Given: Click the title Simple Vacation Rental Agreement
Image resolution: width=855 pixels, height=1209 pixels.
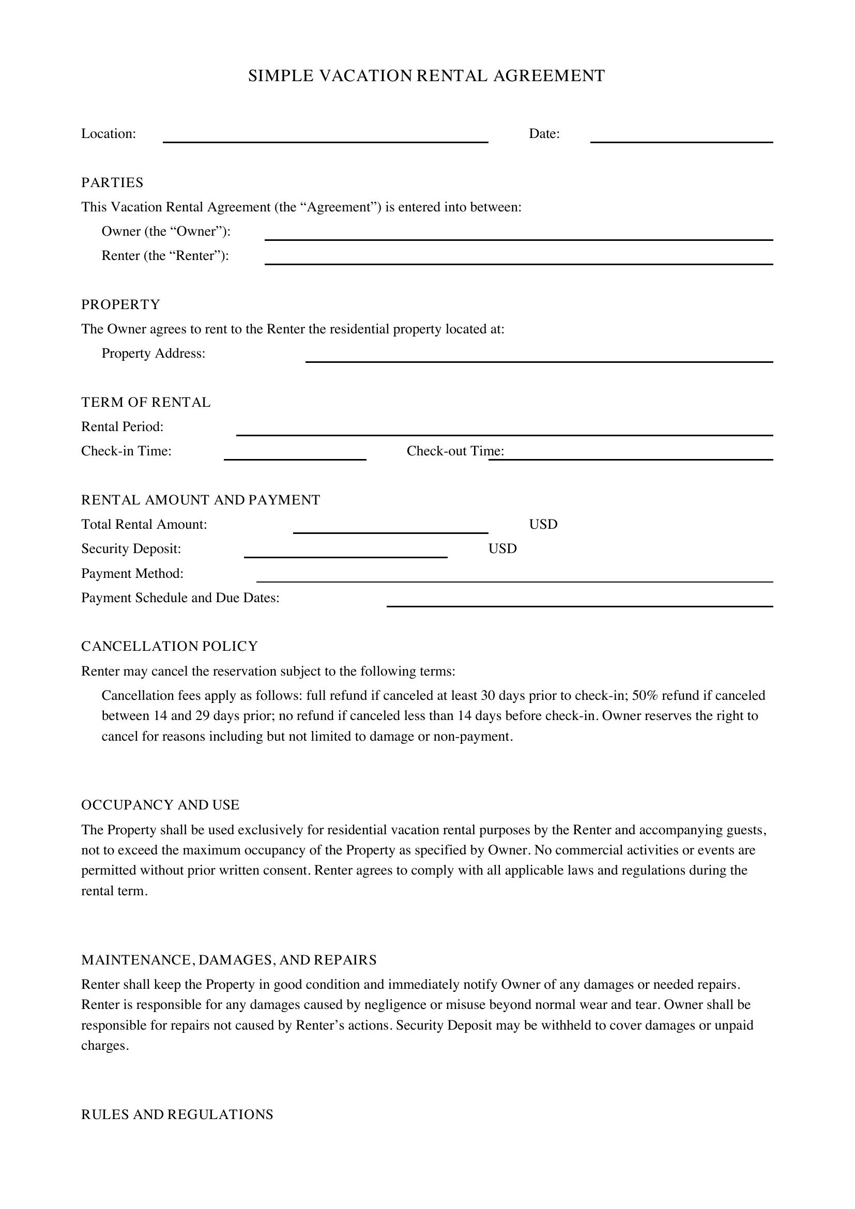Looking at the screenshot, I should pyautogui.click(x=426, y=76).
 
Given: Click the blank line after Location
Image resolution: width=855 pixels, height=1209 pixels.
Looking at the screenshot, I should pyautogui.click(x=325, y=138).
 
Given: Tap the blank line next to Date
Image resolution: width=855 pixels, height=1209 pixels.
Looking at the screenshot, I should pyautogui.click(x=681, y=138).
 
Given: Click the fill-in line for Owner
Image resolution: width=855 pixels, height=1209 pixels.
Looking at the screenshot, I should pyautogui.click(x=518, y=236).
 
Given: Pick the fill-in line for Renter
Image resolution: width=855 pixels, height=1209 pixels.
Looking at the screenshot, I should pyautogui.click(x=518, y=260).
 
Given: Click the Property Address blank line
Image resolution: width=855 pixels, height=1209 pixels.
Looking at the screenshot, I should pyautogui.click(x=539, y=358).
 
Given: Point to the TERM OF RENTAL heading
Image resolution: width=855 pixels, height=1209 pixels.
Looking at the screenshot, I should pyautogui.click(x=146, y=402).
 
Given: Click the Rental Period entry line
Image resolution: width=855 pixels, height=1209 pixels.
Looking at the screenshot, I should pyautogui.click(x=505, y=431).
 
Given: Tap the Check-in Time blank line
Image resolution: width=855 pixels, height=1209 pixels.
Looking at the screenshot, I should pyautogui.click(x=295, y=455).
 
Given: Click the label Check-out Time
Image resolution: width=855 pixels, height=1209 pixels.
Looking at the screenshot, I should pyautogui.click(x=455, y=451).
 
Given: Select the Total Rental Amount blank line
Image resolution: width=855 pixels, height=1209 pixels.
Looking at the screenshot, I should pyautogui.click(x=390, y=529).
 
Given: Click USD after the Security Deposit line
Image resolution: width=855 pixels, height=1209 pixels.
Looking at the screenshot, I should pyautogui.click(x=502, y=549).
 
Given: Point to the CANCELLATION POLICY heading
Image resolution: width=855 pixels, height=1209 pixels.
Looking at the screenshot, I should pyautogui.click(x=170, y=646).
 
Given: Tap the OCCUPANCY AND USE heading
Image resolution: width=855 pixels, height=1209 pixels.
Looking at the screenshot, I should pyautogui.click(x=160, y=805).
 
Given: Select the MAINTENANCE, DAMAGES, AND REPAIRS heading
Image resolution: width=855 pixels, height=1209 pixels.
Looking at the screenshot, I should pyautogui.click(x=228, y=960).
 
